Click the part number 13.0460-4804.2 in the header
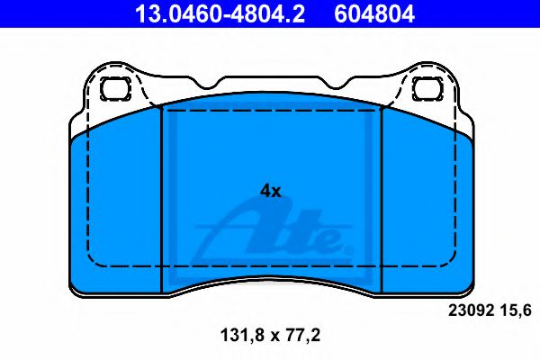pyautogui.click(x=220, y=13)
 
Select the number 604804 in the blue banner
pyautogui.click(x=374, y=13)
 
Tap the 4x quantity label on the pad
pyautogui.click(x=270, y=191)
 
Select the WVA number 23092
pyautogui.click(x=470, y=310)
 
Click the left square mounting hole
pyautogui.click(x=115, y=88)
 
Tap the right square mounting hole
pyautogui.click(x=428, y=88)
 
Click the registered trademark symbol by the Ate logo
pyautogui.click(x=348, y=249)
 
